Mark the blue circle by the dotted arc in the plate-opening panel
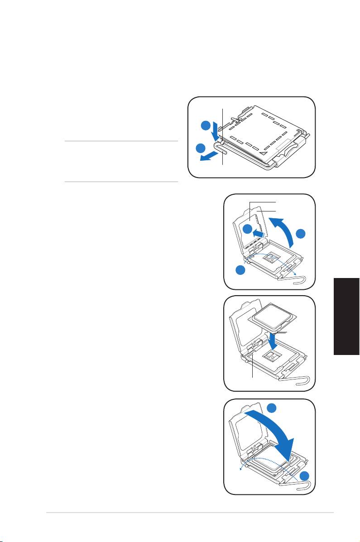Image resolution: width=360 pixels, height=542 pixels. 241,270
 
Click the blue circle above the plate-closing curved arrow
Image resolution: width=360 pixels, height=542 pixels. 272,408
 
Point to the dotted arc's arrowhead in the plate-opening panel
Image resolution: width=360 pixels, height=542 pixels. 296,274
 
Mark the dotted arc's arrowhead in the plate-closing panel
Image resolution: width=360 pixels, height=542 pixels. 240,470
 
